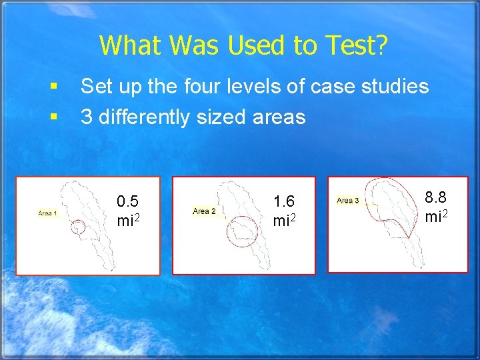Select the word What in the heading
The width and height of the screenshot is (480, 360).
coord(131,45)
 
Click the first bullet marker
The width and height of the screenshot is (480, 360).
coord(53,87)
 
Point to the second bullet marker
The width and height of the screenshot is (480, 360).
coord(53,118)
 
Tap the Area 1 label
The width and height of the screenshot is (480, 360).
coord(47,213)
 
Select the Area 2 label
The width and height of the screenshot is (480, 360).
coord(204,211)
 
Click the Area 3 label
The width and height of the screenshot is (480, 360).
coord(348,200)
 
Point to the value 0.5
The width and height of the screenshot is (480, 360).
coord(127,201)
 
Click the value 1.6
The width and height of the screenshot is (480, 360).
coord(285,201)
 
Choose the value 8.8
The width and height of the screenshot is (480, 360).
coord(437,197)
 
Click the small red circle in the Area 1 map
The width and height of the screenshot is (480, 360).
coord(79,227)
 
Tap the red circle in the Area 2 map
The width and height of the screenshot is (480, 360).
coord(241,231)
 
